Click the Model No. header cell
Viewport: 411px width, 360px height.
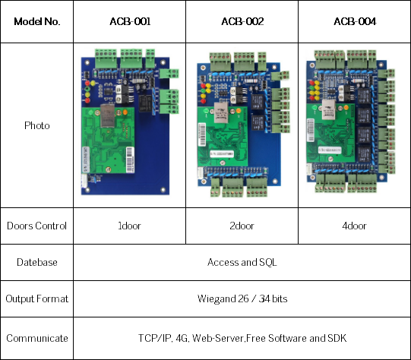click(x=36, y=22)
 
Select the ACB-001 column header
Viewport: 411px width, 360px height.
click(x=129, y=22)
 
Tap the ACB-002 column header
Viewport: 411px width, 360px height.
click(x=242, y=22)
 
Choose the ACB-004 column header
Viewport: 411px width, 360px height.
click(x=353, y=22)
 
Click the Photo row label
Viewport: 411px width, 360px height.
click(x=36, y=125)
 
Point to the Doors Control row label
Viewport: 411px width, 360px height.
click(x=36, y=226)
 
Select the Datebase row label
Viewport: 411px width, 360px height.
click(x=36, y=262)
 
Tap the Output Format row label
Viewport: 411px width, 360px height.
click(x=36, y=298)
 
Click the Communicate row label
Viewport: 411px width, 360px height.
click(x=36, y=338)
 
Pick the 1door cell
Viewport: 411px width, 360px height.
click(x=129, y=226)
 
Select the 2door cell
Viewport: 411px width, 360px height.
click(x=242, y=226)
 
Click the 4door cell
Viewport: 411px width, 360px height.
click(x=353, y=226)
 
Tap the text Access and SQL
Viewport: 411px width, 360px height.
click(x=242, y=262)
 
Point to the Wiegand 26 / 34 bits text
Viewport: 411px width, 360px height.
click(x=242, y=298)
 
